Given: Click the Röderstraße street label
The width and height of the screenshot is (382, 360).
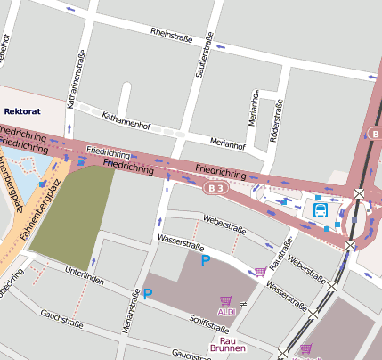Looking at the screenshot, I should click(275, 115).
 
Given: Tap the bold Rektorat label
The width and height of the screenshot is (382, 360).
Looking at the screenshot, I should click(22, 111).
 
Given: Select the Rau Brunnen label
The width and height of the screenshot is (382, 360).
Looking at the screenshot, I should click(224, 345).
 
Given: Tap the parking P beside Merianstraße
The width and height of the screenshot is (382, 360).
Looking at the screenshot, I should click(149, 293).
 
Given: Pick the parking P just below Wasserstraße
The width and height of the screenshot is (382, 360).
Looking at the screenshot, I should click(206, 260).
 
